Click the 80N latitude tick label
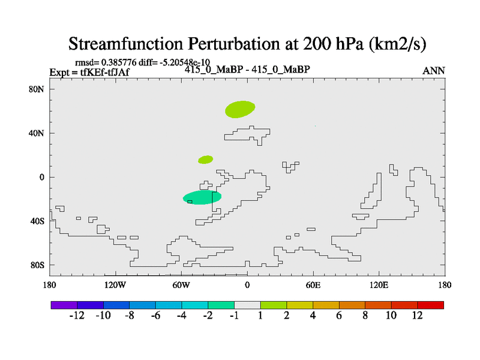click(x=37, y=89)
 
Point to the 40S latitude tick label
click(x=37, y=221)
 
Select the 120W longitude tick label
click(x=115, y=286)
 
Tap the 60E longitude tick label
click(x=313, y=286)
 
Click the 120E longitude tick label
click(x=379, y=286)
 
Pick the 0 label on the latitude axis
click(x=42, y=177)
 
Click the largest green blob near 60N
click(x=240, y=109)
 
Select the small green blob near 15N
click(x=205, y=160)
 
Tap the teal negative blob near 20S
click(x=202, y=197)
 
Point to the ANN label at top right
click(x=433, y=71)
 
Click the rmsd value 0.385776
click(x=119, y=62)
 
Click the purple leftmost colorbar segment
click(x=64, y=305)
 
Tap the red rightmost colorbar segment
click(x=430, y=305)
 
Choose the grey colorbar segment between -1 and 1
click(x=247, y=305)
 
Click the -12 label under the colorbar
click(x=77, y=316)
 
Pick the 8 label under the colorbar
click(x=365, y=316)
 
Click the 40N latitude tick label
click(x=37, y=133)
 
